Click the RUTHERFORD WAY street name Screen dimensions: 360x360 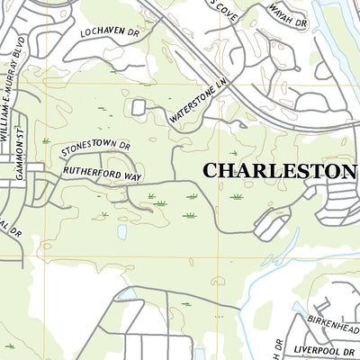tap(102, 172)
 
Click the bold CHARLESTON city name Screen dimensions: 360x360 tap(280, 170)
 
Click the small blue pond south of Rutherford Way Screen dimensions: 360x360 tap(121, 232)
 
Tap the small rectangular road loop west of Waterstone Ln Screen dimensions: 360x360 tap(139, 107)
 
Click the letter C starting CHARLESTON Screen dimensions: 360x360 tap(211, 170)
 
